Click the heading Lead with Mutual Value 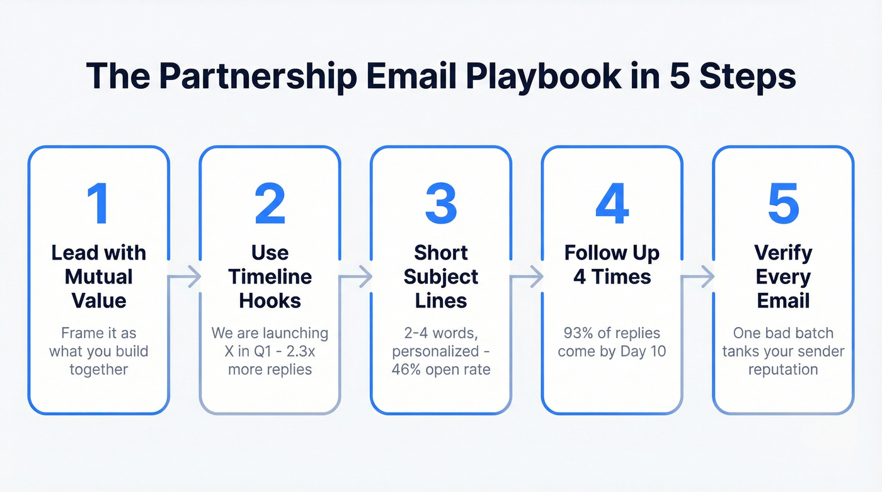98,277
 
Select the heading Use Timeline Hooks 270,277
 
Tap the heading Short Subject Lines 441,277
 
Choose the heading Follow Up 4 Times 612,265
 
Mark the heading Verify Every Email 783,277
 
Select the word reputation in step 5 783,369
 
